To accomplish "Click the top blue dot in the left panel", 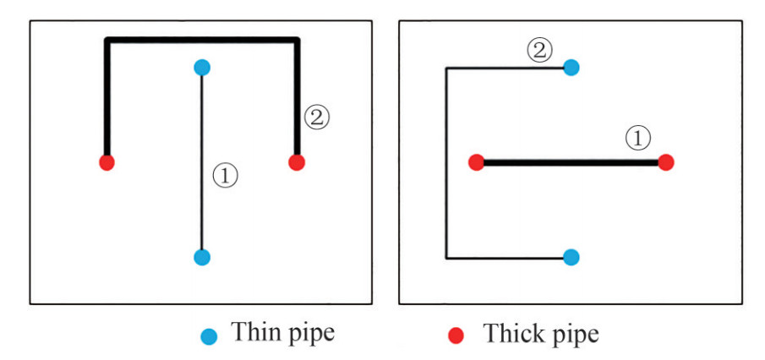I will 201,67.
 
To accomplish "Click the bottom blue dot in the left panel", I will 201,257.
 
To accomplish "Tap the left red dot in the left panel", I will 107,161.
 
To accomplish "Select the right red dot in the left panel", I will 296,161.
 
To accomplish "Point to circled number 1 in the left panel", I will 225,176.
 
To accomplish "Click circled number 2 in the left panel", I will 316,118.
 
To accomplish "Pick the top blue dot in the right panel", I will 571,67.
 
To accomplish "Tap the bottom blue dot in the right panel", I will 571,257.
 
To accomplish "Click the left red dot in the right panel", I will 476,161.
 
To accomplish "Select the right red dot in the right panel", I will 666,161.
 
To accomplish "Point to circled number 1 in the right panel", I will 639,138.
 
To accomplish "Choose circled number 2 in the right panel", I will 539,51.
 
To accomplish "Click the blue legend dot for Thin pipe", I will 210,335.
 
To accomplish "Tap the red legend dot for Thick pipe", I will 456,335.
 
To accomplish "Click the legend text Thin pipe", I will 283,333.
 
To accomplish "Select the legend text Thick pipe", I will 540,333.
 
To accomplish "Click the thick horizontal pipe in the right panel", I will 571,161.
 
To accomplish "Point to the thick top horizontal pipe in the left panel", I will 201,39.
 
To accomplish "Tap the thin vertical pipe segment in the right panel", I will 446,161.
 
